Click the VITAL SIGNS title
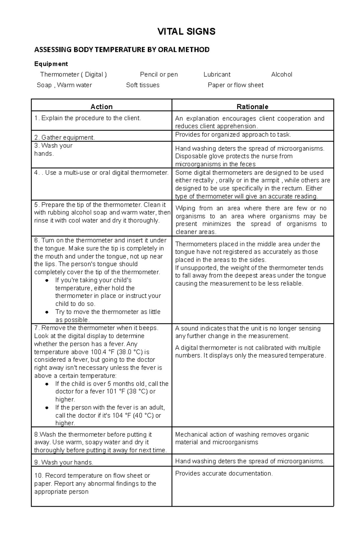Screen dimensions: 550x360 pos(186,31)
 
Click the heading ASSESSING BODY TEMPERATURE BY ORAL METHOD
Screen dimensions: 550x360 pos(122,50)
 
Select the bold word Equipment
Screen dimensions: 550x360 pos(51,64)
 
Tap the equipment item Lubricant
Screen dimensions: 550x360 pos(217,74)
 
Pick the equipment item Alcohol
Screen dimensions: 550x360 pos(281,74)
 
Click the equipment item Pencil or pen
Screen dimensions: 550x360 pos(159,74)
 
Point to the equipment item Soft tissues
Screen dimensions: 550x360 pos(142,85)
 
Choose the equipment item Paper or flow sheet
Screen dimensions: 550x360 pos(235,85)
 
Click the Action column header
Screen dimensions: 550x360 pos(101,107)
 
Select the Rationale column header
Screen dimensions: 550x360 pos(252,107)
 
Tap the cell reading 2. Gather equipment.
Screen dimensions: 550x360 pos(64,138)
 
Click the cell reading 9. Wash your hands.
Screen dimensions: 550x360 pos(64,462)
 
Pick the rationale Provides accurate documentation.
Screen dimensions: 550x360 pos(224,474)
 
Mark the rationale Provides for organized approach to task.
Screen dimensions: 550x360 pos(233,135)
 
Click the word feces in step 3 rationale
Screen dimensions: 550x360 pos(248,164)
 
